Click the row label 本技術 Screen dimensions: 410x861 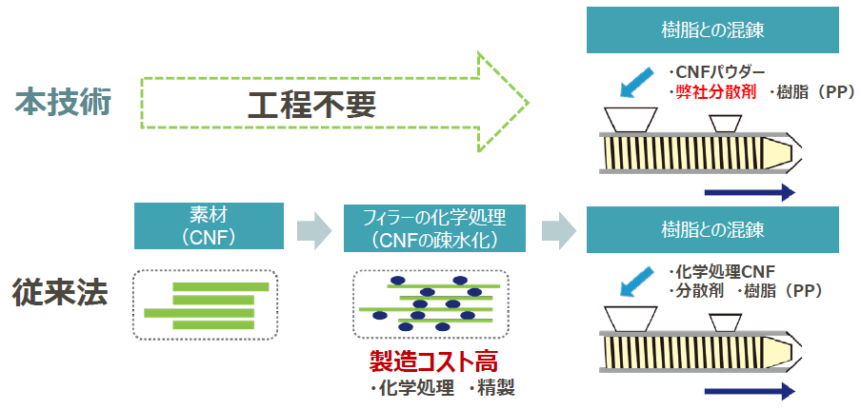click(x=63, y=102)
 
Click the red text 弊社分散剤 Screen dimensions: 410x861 click(x=713, y=92)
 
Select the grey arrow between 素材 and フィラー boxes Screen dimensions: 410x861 click(x=311, y=229)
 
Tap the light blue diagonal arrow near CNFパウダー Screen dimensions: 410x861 click(x=635, y=82)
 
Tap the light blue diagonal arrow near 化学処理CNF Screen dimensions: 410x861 click(x=635, y=279)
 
